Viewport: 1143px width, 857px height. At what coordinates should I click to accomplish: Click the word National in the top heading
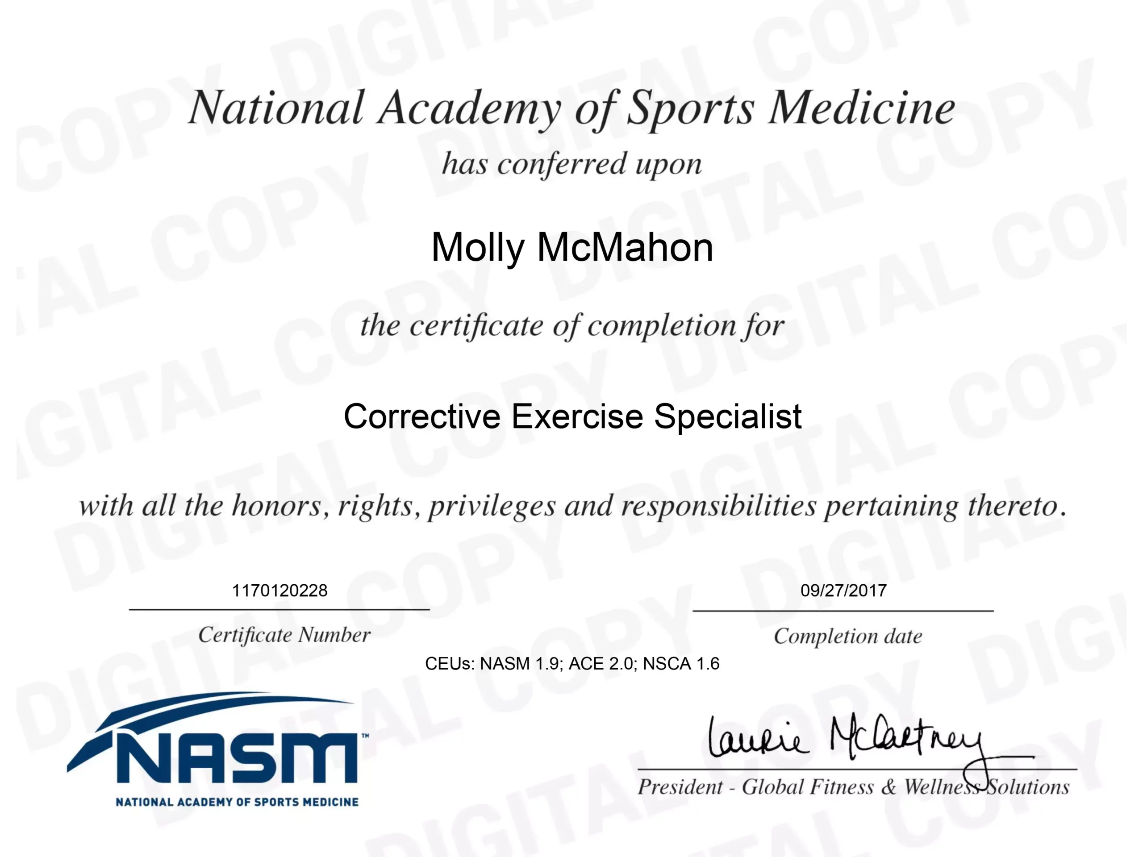coord(276,108)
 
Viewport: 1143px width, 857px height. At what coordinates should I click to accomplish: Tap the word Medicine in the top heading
coord(861,108)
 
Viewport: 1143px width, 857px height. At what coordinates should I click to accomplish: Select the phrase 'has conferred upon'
coord(571,165)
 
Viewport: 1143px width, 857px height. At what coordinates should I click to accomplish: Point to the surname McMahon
coord(625,247)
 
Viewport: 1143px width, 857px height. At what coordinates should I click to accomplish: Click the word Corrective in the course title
coord(421,416)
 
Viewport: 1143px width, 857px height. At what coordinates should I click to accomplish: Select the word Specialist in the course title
coord(728,417)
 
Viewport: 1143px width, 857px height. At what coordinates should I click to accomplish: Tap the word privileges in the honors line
coord(492,506)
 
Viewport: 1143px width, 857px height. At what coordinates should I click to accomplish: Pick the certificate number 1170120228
coord(279,591)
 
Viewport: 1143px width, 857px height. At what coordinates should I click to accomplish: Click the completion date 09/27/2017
coord(844,591)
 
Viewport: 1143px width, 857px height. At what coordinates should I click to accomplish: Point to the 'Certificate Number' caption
coord(284,635)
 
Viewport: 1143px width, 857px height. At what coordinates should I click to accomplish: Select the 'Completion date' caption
coord(847,637)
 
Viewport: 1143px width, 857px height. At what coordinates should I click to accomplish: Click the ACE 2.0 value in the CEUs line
coord(601,663)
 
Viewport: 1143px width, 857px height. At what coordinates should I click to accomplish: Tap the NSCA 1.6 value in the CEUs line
coord(681,663)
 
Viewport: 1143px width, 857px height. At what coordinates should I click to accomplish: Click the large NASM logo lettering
coord(235,756)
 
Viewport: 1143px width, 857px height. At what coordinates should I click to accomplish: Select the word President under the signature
coord(680,787)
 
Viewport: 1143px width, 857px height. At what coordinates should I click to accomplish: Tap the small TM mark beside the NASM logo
coord(365,736)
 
